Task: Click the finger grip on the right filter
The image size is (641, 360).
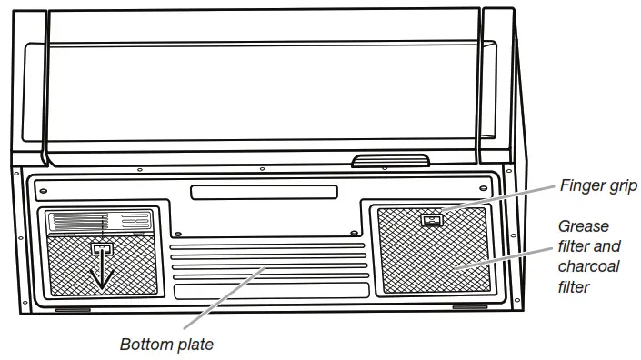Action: coord(431,218)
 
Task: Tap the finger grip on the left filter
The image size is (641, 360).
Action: coord(102,247)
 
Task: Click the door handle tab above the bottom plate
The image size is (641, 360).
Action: coord(390,162)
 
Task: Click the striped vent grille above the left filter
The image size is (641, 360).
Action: coord(77,221)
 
